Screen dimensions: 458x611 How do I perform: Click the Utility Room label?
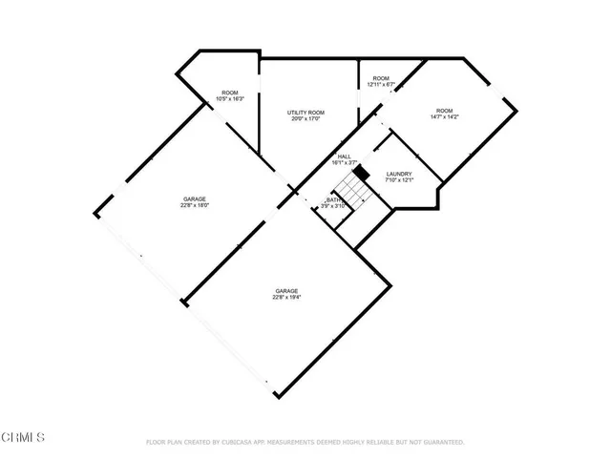coord(306,113)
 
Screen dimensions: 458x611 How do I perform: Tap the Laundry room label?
coord(399,174)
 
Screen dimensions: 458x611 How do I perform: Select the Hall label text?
coord(345,156)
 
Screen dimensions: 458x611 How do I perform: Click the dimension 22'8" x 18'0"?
coord(195,205)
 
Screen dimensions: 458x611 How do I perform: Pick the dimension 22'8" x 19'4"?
coord(286,298)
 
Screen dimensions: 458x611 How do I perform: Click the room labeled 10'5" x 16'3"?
coord(230,99)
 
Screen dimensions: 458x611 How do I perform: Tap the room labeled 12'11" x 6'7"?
coord(381,85)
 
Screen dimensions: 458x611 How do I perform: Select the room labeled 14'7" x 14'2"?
coord(444,117)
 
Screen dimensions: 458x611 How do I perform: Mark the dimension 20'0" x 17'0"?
coord(306,119)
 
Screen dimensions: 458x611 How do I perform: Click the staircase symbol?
coord(356,191)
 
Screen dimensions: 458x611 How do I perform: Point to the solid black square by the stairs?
coord(360,172)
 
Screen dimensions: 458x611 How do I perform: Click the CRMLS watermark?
coord(23,437)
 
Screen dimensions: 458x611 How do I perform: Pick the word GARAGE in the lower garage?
coord(286,291)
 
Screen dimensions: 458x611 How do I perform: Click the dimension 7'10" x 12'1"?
coord(399,180)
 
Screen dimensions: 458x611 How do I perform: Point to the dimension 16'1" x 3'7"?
coord(345,163)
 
